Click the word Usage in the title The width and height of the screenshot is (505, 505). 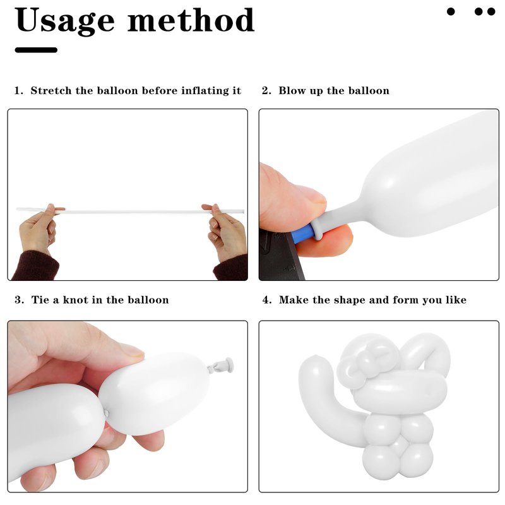point(64,21)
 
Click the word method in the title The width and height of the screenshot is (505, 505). point(191,20)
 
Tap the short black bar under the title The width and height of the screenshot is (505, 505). point(36,50)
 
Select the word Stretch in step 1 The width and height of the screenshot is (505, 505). point(51,90)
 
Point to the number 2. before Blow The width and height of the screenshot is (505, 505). point(266,90)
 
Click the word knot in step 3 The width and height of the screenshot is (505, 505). point(76,300)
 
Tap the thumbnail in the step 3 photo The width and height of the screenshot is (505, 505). point(133,351)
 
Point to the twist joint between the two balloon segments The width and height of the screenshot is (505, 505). point(106,413)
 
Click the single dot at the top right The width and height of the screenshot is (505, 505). point(451,12)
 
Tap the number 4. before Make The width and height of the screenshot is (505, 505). point(267,300)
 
